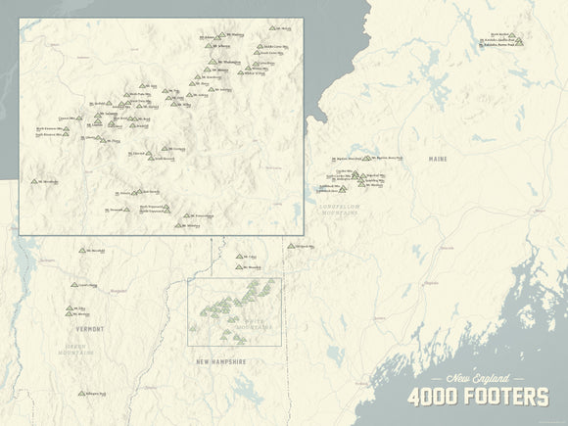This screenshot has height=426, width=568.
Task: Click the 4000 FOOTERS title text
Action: pyautogui.click(x=477, y=397)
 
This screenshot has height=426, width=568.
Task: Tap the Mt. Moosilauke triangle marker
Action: pyautogui.click(x=34, y=181)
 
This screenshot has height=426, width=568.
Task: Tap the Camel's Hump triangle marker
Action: pyautogui.click(x=72, y=285)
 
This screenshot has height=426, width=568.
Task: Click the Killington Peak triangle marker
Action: pyautogui.click(x=81, y=394)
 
